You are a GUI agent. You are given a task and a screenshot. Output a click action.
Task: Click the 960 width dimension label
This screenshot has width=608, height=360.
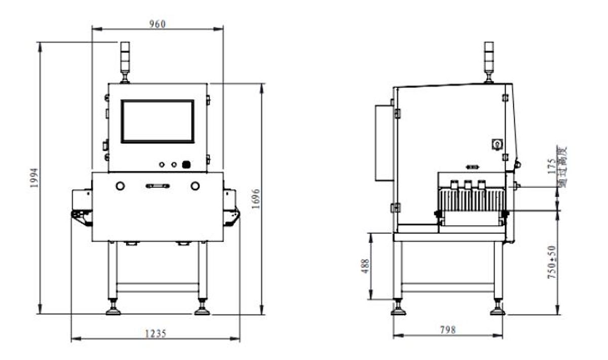coord(157,24)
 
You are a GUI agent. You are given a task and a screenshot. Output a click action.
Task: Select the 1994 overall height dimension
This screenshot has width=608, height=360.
coord(34,178)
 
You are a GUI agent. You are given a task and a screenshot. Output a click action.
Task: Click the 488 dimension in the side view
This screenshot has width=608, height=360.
coord(365,266)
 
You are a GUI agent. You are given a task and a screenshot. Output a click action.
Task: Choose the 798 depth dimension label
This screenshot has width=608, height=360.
coord(447,330)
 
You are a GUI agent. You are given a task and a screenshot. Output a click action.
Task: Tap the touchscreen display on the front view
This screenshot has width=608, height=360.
coord(157,122)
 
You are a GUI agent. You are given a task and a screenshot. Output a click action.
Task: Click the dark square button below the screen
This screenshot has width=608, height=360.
coord(186,165)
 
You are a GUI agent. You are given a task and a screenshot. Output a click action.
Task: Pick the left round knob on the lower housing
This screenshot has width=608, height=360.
coord(120,186)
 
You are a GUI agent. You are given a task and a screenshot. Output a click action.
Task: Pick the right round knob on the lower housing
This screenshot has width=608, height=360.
coord(195,186)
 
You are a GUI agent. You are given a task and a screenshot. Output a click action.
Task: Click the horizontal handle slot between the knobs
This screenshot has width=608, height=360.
coord(157,186)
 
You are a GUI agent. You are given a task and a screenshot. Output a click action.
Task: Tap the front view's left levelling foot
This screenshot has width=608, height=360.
coord(113,308)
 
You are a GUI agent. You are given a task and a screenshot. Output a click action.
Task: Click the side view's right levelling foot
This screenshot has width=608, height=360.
coord(498,308)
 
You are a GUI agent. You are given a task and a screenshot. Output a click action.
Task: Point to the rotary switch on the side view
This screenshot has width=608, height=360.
coord(497,145)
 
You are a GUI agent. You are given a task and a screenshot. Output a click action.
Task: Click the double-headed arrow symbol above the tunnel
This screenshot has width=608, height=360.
coord(472,167)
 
